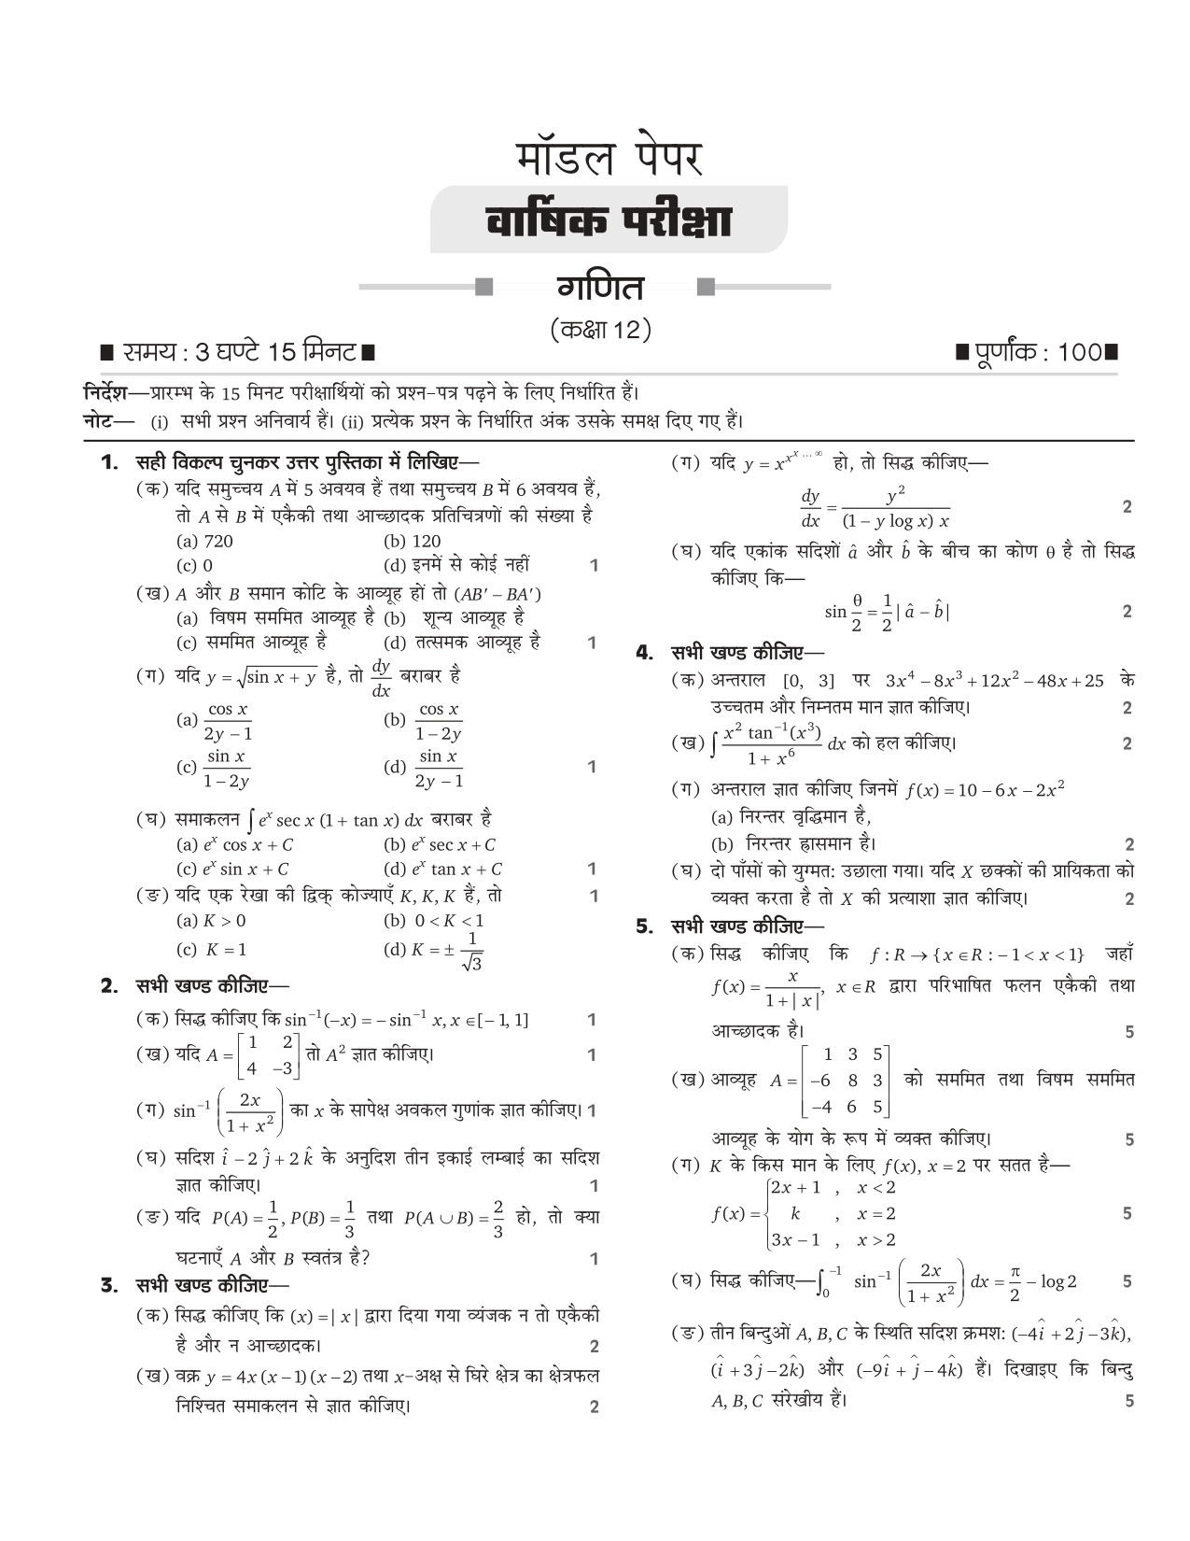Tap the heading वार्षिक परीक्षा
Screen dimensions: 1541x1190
pyautogui.click(x=608, y=222)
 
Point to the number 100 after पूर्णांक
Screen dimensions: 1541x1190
pyautogui.click(x=1080, y=353)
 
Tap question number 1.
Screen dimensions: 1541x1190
pyautogui.click(x=110, y=461)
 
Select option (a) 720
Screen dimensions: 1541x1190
pyautogui.click(x=204, y=541)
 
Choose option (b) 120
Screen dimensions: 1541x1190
pyautogui.click(x=412, y=541)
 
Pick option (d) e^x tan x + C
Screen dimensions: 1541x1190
pyautogui.click(x=442, y=869)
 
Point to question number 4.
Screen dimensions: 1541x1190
pyautogui.click(x=644, y=652)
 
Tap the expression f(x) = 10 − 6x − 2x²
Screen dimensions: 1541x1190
pyautogui.click(x=985, y=790)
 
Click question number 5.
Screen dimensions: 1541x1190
pyautogui.click(x=644, y=927)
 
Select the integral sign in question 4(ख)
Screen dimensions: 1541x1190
pyautogui.click(x=714, y=744)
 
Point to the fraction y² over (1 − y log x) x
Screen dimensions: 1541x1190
pyautogui.click(x=895, y=508)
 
